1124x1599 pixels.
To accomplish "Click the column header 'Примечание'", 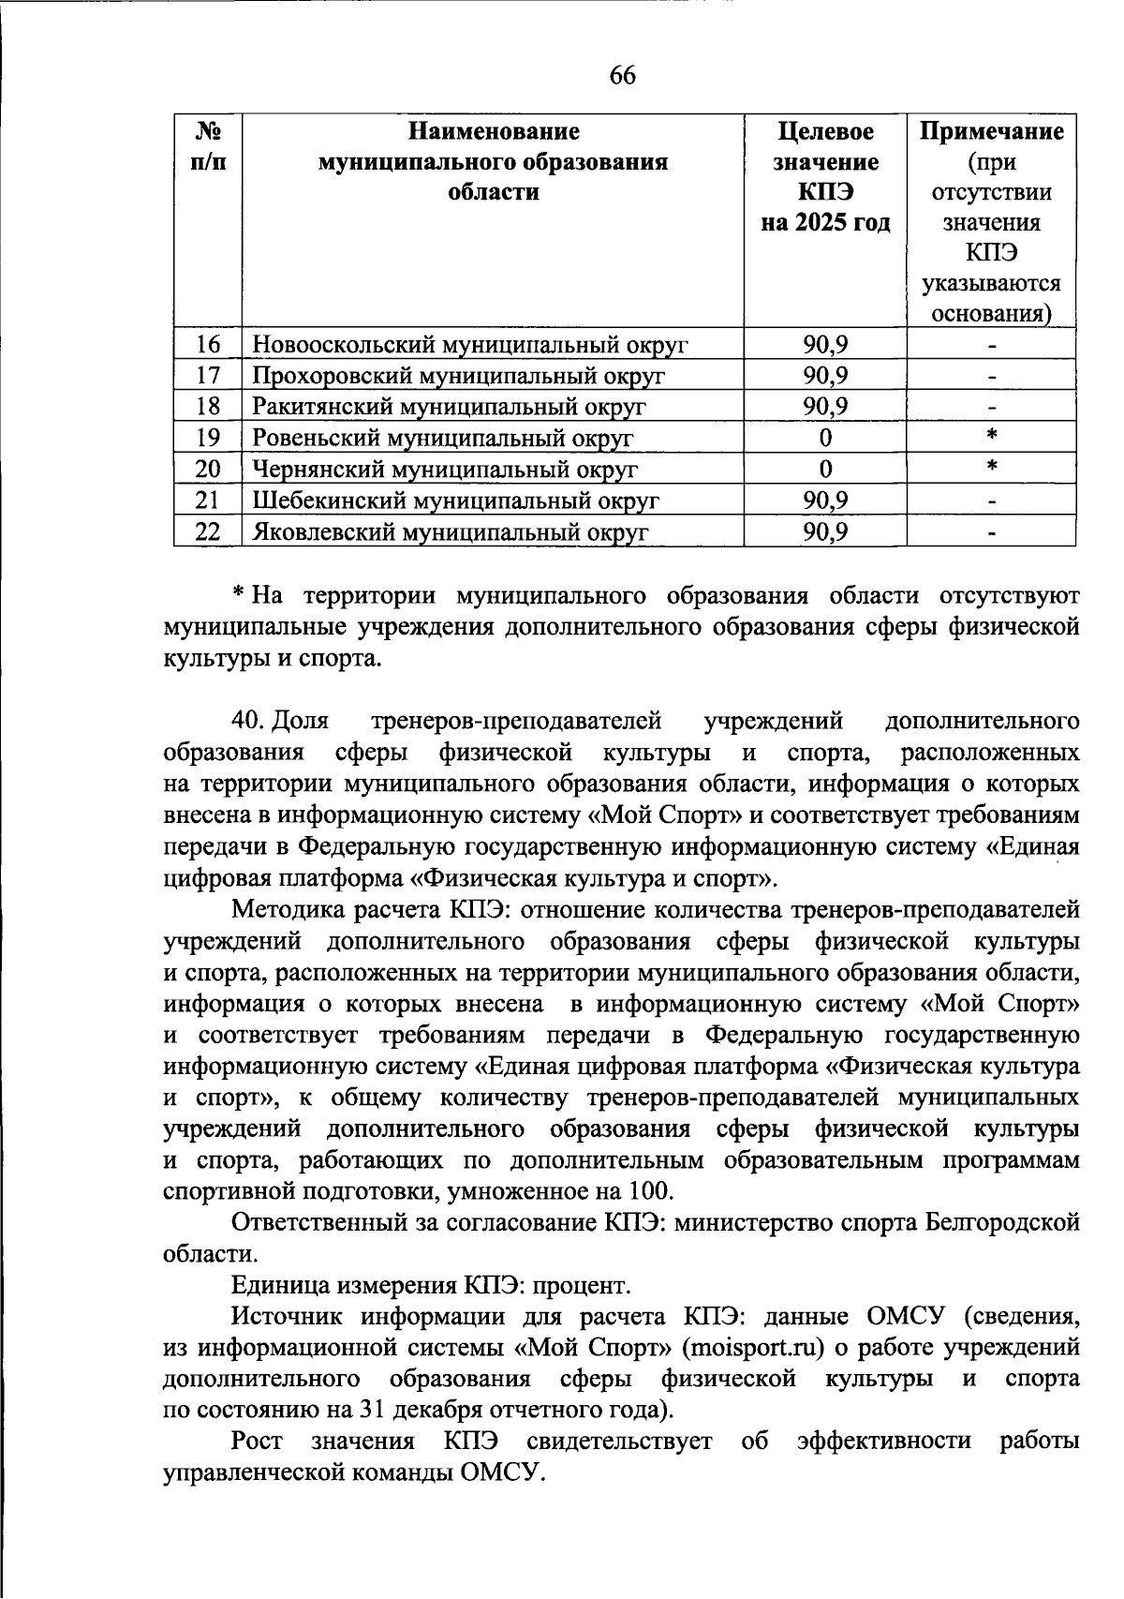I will pos(991,131).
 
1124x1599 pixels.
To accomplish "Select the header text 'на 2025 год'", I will pos(824,223).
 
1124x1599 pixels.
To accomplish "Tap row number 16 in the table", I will pos(208,345).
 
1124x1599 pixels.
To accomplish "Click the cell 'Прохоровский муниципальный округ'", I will pos(459,376).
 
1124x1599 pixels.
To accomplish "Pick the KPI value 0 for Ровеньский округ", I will pos(825,438).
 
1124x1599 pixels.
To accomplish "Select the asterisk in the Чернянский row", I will pos(991,466).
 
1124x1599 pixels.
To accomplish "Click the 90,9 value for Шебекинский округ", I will pos(825,501).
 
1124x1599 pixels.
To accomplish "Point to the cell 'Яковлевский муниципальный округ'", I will pos(451,532).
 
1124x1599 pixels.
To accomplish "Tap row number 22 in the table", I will pos(208,532).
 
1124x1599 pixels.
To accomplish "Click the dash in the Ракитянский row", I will pos(991,408).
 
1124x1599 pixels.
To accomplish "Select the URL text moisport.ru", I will pos(752,1348).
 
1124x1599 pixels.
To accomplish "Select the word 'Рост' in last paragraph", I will pos(258,1442).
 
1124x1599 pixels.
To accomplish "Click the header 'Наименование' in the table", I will pos(493,131).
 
